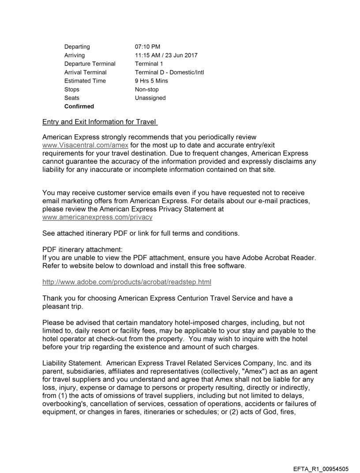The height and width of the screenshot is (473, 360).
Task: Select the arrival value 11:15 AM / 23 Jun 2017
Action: click(x=166, y=56)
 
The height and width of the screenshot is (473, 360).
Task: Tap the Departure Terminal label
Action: click(x=90, y=64)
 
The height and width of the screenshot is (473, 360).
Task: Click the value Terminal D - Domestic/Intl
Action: click(x=169, y=72)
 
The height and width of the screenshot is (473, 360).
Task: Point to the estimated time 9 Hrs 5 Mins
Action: click(x=151, y=81)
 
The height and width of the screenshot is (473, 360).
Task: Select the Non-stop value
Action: click(x=147, y=89)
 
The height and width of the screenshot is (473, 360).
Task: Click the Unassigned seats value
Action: click(x=150, y=98)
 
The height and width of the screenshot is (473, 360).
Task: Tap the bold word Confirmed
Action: click(x=79, y=106)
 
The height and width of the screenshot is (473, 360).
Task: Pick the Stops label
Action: click(x=72, y=89)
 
